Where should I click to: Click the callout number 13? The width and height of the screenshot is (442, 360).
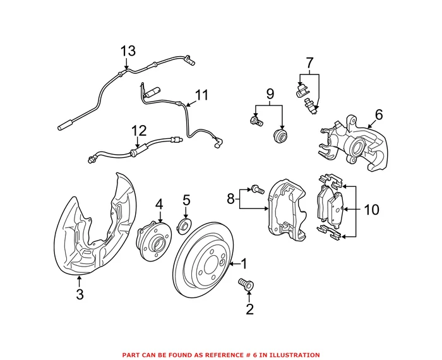coord(128,51)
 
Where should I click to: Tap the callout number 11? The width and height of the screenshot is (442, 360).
coord(201,95)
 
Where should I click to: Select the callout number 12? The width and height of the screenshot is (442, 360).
coord(139,131)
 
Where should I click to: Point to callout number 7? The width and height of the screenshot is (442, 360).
coord(309,63)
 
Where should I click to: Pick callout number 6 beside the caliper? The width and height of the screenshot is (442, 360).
coord(379,114)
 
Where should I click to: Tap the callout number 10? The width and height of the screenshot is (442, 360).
coord(372,209)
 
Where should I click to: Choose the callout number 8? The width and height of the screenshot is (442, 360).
coord(231,200)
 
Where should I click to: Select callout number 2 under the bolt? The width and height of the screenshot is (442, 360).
coord(249,309)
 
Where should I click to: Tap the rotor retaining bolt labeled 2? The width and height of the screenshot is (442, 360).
coord(244,285)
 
